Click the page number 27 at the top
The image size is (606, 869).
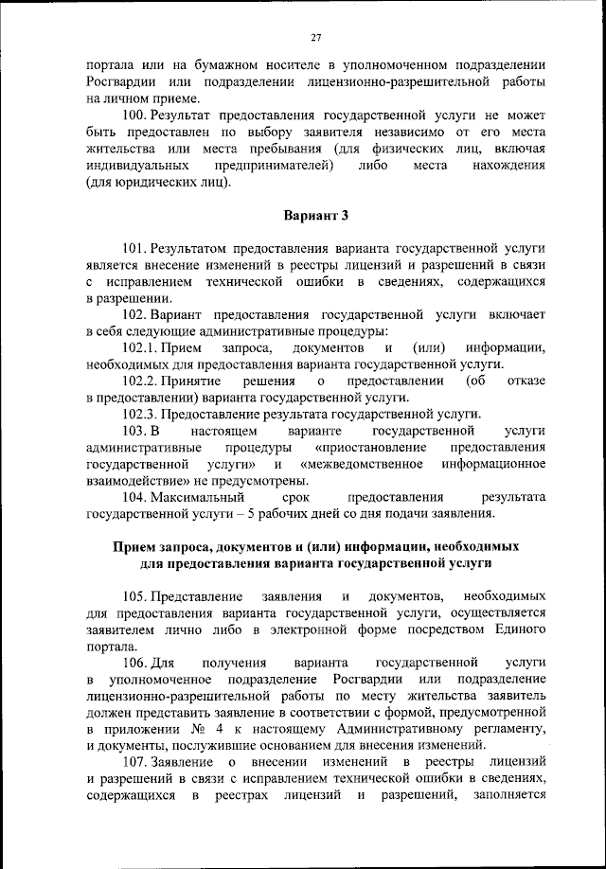click(x=316, y=37)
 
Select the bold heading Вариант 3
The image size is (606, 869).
click(x=315, y=217)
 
